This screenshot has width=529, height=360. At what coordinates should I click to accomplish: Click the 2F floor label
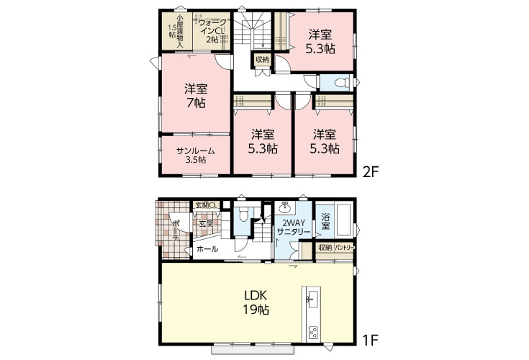coord(371,172)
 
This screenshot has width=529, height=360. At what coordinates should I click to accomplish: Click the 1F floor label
coord(371,340)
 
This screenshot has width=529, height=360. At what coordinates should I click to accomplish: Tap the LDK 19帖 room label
coord(256,302)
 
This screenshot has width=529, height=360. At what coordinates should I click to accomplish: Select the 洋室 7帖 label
coord(196,96)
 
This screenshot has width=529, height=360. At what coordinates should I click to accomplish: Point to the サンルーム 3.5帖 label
coord(196,156)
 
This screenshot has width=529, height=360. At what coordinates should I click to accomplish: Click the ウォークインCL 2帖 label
coord(212,31)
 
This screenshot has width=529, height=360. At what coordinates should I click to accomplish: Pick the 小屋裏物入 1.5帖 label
coord(176,31)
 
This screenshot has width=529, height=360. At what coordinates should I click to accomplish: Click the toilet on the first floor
coord(243,213)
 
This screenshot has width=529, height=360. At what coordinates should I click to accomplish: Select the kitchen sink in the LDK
coord(312,299)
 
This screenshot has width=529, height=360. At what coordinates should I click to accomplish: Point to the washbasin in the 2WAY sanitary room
coord(286,207)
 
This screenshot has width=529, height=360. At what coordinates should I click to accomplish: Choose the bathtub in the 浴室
coord(343,220)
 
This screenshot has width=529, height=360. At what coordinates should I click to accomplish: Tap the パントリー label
coord(345,248)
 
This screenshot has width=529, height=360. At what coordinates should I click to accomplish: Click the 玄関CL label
coord(206,204)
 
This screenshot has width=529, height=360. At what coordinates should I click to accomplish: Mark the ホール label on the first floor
coord(207,249)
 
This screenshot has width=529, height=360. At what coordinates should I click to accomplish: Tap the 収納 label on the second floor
coord(262,60)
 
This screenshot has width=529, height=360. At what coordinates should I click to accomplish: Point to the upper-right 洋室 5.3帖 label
coord(320,42)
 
